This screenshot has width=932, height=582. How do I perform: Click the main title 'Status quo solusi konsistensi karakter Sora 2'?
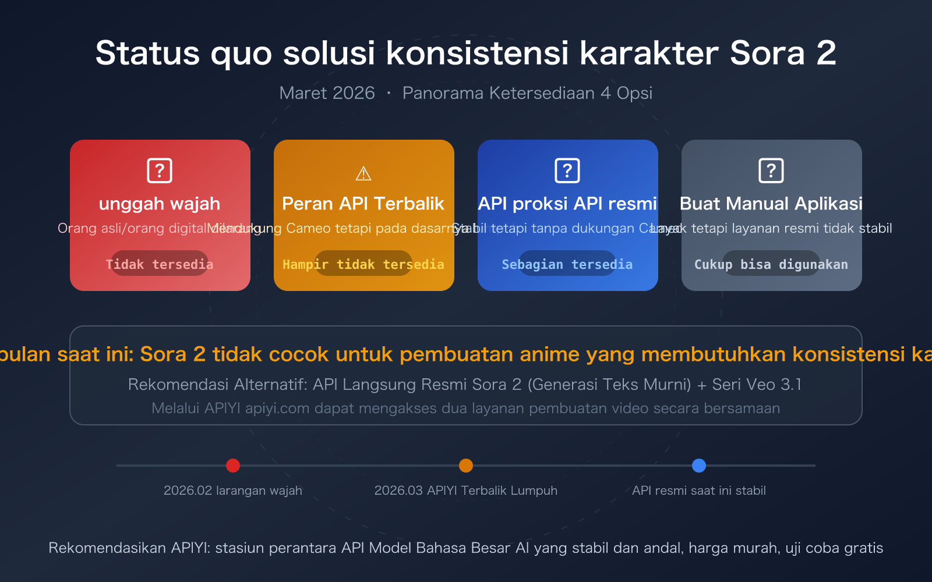(x=465, y=53)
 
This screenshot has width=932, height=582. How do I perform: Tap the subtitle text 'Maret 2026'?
(x=327, y=93)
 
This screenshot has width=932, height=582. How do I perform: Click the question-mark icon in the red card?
(x=160, y=171)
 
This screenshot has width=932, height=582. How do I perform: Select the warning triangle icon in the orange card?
(x=363, y=173)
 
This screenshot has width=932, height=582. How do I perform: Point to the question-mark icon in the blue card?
(x=567, y=171)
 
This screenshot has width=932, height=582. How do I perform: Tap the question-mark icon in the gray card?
(x=771, y=171)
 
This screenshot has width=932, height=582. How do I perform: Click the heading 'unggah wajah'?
(x=160, y=204)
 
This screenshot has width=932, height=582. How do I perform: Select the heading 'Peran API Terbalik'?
(x=363, y=204)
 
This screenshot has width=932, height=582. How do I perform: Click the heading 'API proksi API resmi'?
(x=567, y=204)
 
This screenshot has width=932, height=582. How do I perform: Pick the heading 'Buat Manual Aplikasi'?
(x=771, y=204)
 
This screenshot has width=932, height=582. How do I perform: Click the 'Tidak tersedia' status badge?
(x=160, y=264)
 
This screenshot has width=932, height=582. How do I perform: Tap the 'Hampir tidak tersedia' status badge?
(x=363, y=264)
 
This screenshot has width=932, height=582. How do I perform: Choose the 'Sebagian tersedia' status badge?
(x=567, y=264)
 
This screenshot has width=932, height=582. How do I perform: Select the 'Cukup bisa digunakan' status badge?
(x=771, y=264)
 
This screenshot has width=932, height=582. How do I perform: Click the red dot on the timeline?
(x=233, y=466)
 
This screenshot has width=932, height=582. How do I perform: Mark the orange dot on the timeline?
(x=466, y=466)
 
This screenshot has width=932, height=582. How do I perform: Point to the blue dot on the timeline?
(x=699, y=466)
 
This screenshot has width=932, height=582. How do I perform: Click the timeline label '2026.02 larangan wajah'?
(x=233, y=491)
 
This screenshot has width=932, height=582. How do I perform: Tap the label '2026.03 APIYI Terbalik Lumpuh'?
(x=466, y=491)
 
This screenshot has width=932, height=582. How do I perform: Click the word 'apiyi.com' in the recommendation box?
(x=277, y=409)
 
